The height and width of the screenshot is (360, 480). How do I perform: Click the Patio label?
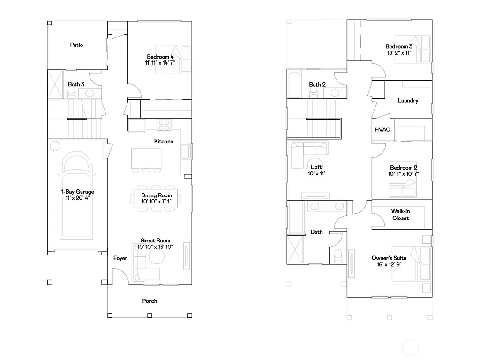click(x=77, y=45)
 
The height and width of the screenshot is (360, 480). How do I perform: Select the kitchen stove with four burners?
click(x=164, y=125)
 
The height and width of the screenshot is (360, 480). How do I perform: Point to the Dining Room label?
click(x=157, y=195)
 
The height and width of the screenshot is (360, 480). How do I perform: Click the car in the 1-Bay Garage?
click(x=77, y=195)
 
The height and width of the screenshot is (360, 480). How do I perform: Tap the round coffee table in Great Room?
click(x=156, y=257)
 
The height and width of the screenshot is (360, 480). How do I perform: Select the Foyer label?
click(x=120, y=258)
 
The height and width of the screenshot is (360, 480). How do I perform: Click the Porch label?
click(x=150, y=301)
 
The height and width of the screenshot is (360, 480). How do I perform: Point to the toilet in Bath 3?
click(x=72, y=94)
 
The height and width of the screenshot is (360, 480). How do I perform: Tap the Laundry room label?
click(x=407, y=101)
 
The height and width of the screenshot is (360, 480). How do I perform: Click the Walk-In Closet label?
click(x=400, y=215)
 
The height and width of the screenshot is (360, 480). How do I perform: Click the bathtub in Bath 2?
click(x=296, y=85)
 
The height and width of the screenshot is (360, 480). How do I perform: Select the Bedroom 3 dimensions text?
click(x=399, y=53)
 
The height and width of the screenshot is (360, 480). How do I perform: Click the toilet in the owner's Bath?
click(x=338, y=255)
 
